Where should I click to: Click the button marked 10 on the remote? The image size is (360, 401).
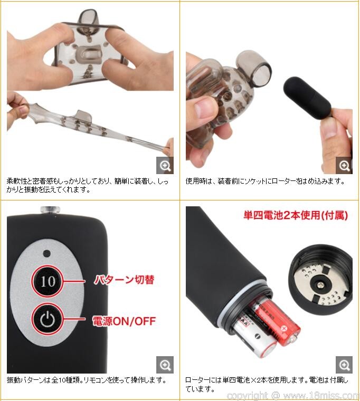pyautogui.click(x=48, y=281)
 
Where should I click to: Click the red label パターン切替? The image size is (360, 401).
pyautogui.click(x=125, y=280)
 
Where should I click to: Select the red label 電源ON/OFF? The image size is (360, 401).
pyautogui.click(x=124, y=321)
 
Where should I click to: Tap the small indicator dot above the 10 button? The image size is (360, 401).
pyautogui.click(x=47, y=253)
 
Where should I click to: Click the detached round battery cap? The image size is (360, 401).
pyautogui.click(x=321, y=280)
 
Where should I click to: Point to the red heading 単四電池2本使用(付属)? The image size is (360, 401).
pyautogui.click(x=296, y=216)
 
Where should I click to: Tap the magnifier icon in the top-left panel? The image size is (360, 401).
pyautogui.click(x=165, y=166)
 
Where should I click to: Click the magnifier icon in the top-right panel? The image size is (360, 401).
pyautogui.click(x=344, y=166)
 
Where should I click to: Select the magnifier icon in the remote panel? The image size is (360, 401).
pyautogui.click(x=165, y=365)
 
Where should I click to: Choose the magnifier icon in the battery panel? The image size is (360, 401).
pyautogui.click(x=344, y=365)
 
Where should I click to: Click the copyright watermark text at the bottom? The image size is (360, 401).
pyautogui.click(x=293, y=396)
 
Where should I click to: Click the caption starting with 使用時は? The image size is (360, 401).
pyautogui.click(x=265, y=182)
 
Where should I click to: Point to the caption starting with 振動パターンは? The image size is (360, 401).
pyautogui.click(x=87, y=380)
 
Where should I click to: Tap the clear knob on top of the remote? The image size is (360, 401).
pyautogui.click(x=50, y=210)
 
